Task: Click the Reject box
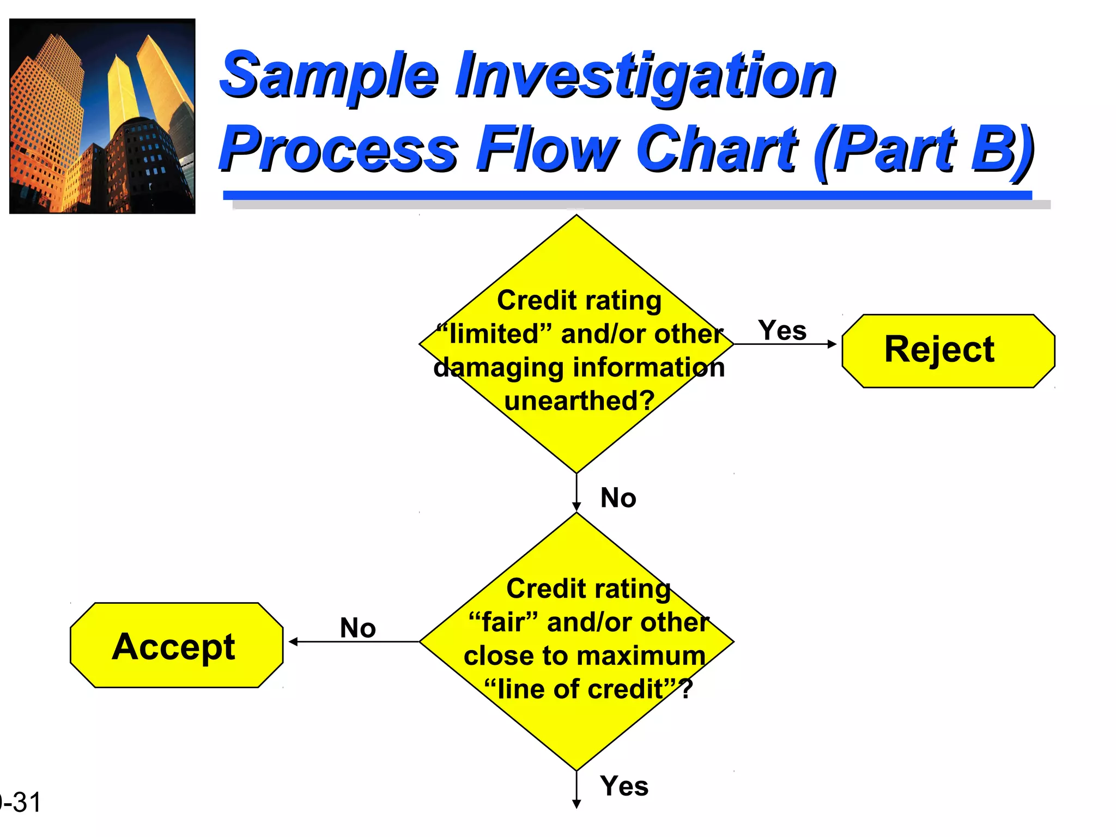[x=948, y=350]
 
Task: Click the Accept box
[x=176, y=645]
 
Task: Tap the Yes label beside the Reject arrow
[x=782, y=330]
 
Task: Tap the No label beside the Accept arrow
[x=357, y=628]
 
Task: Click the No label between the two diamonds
[x=618, y=498]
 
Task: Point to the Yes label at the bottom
[x=624, y=786]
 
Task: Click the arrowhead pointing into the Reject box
[x=832, y=344]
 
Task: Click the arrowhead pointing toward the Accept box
[x=293, y=642]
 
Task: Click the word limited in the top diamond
[x=494, y=334]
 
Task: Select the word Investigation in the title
[x=645, y=76]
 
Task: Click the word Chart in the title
[x=716, y=149]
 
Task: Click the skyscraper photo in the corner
[x=102, y=116]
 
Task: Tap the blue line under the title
[x=627, y=195]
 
